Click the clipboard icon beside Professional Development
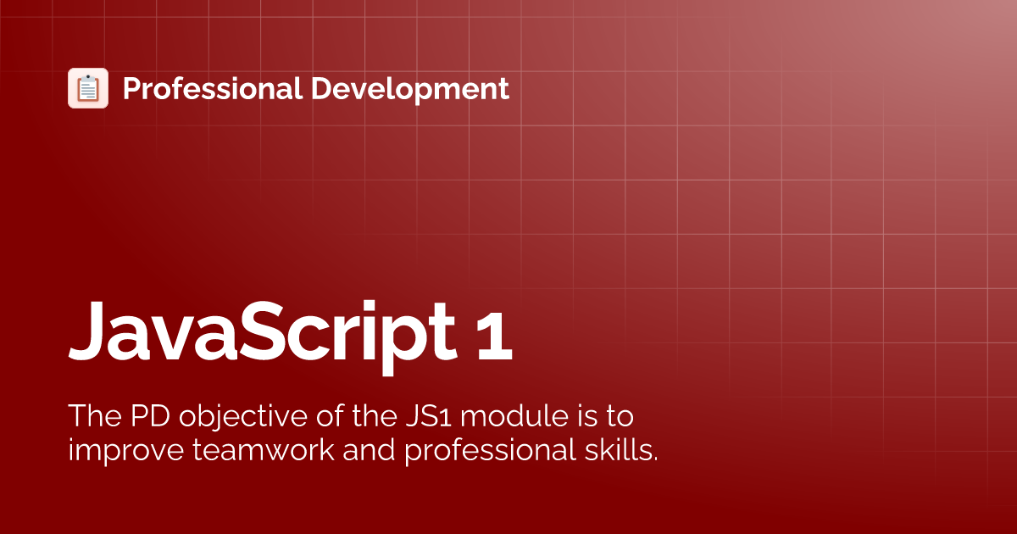88,88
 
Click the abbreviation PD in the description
151,417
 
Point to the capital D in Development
321,88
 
